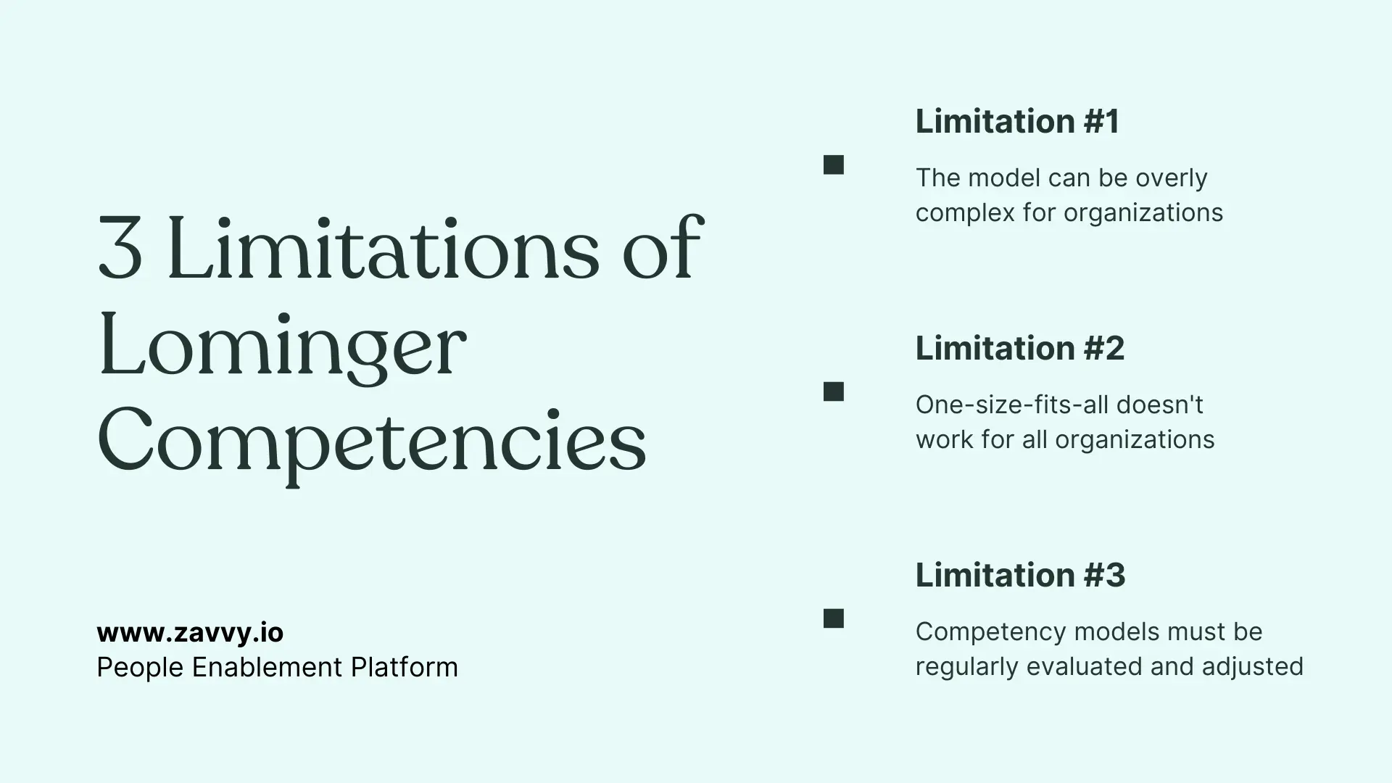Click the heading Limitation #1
tap(1017, 121)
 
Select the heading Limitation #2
tap(1019, 348)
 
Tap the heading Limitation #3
tap(1020, 575)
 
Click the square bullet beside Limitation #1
tap(834, 165)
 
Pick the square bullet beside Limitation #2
tap(834, 392)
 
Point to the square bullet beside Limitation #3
tap(834, 619)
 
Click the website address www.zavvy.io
tap(190, 632)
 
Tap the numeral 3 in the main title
tap(120, 249)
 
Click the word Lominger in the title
tap(281, 346)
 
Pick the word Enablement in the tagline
tap(266, 667)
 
